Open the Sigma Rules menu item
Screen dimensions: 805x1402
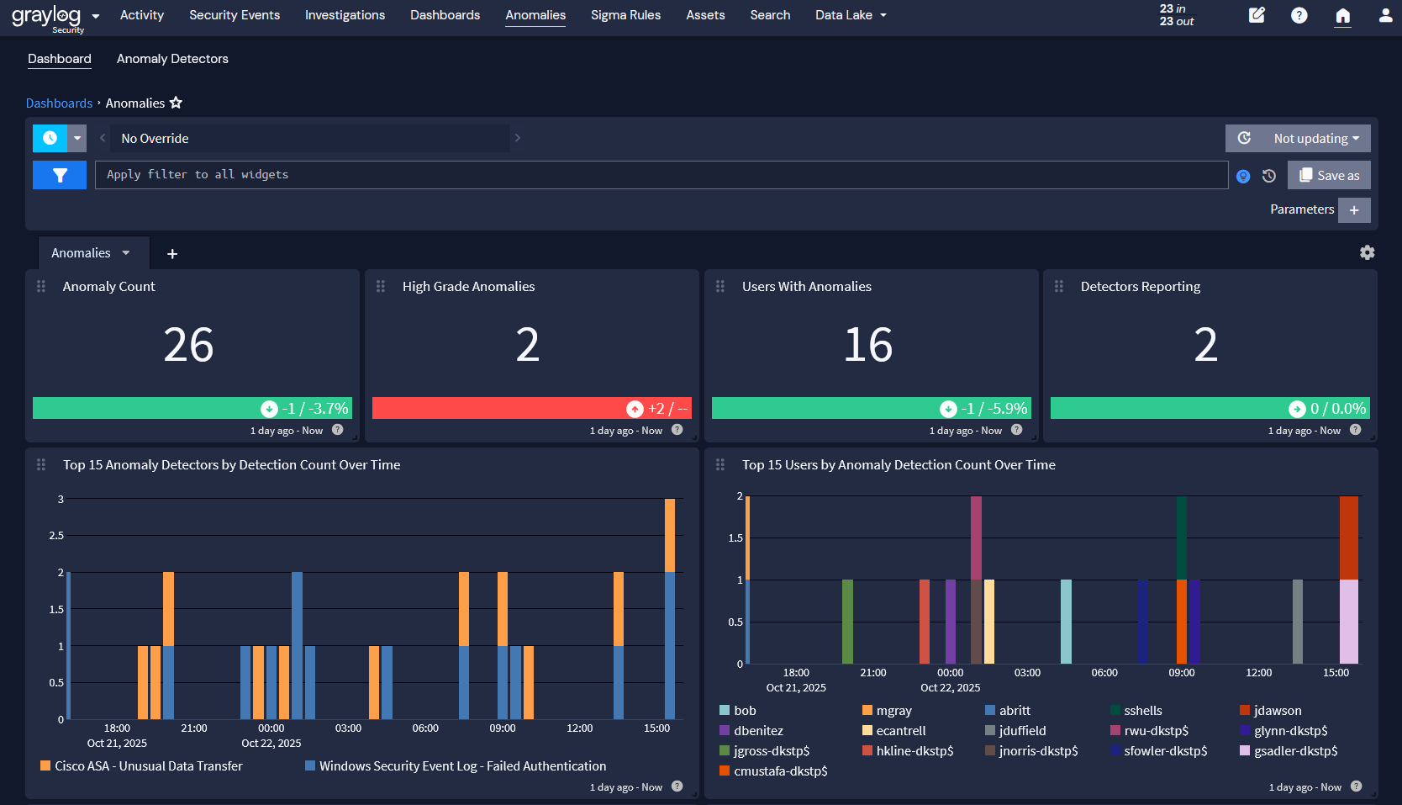[x=625, y=15]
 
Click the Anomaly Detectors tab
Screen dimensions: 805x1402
[x=172, y=59]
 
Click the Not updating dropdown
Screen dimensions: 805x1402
[x=1315, y=139]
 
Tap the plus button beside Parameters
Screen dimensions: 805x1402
[x=1353, y=210]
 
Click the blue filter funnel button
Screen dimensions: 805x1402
[x=60, y=175]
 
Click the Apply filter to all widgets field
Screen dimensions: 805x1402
[x=661, y=175]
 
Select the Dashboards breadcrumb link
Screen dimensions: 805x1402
[x=59, y=103]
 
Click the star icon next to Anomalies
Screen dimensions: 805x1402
[x=176, y=103]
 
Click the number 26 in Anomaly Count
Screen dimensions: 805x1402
[x=188, y=345]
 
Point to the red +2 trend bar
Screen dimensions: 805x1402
[x=531, y=408]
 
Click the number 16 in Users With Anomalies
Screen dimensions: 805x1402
[x=867, y=345]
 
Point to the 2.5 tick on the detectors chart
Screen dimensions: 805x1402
[x=56, y=536]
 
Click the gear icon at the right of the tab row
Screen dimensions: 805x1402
[x=1367, y=252]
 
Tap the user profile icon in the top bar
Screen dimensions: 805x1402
[x=1385, y=15]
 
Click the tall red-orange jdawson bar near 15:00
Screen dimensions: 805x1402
[x=1348, y=538]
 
